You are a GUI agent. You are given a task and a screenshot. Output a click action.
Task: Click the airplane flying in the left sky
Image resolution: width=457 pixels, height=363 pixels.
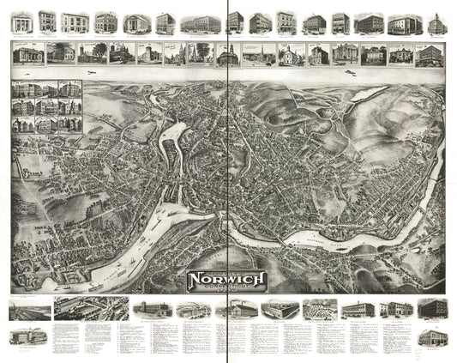tap(90, 75)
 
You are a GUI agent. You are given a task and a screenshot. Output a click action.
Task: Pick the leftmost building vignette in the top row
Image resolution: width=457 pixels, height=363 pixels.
tap(21, 22)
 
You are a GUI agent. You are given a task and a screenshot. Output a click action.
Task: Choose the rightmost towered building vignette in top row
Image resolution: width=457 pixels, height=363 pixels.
tap(436, 23)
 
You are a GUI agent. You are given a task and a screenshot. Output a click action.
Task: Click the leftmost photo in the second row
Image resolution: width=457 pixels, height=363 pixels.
tap(28, 54)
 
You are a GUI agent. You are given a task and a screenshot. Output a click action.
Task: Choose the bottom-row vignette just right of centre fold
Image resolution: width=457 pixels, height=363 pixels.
tap(244, 309)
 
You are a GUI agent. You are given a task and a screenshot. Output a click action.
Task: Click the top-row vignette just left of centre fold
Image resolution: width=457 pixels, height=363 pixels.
tap(205, 23)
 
